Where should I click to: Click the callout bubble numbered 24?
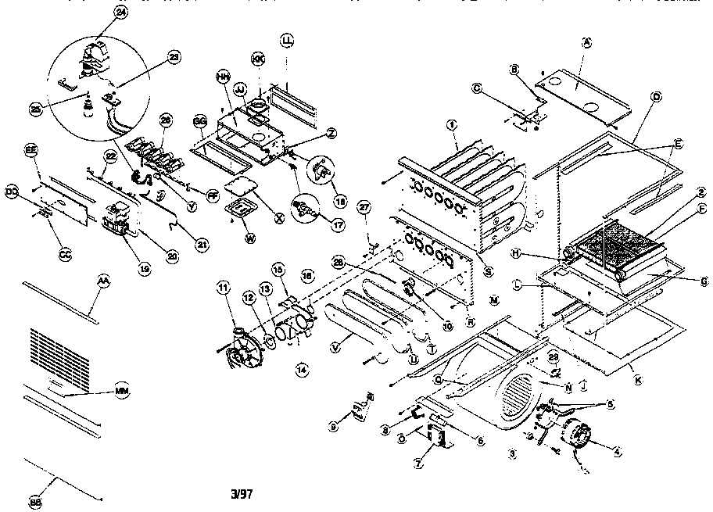[x=120, y=13]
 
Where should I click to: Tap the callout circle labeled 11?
[x=224, y=289]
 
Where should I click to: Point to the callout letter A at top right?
[x=586, y=44]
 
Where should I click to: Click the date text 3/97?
[x=244, y=493]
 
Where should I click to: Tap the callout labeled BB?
[x=35, y=502]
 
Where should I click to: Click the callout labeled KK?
[x=257, y=59]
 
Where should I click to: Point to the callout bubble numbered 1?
[x=452, y=124]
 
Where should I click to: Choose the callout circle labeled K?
[x=638, y=380]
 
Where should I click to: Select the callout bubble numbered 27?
[x=362, y=207]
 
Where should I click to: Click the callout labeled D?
[x=656, y=96]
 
